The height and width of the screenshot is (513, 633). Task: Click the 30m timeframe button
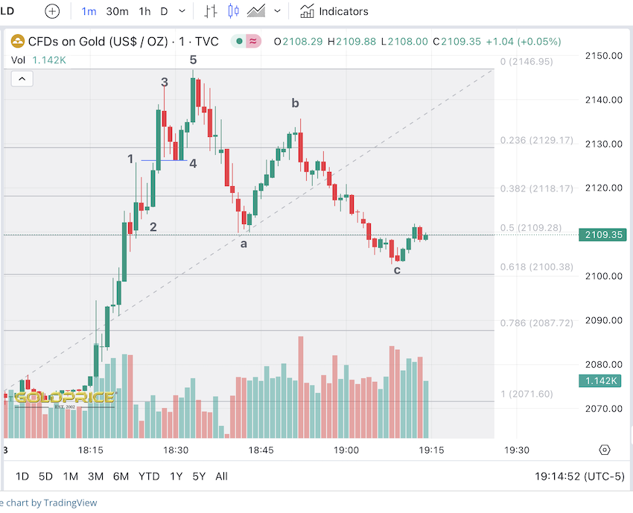coord(117,11)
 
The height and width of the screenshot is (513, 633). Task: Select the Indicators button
coord(334,11)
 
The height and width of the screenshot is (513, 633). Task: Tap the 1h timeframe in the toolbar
coord(144,11)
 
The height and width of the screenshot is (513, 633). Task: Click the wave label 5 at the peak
coord(193,60)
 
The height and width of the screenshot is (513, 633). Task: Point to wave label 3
coord(165,82)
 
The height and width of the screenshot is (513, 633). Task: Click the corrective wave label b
coord(296,103)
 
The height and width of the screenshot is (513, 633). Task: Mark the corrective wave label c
coord(397,270)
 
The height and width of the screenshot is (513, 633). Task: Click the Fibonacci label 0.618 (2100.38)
coord(536,267)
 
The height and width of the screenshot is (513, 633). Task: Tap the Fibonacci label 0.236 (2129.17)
coord(536,140)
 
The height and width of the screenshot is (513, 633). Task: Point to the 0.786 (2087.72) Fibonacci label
coord(536,323)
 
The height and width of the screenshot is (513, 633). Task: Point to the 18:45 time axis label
coord(261,450)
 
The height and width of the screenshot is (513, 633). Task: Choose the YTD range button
coord(149,477)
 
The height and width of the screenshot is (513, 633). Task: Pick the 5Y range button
coord(199,477)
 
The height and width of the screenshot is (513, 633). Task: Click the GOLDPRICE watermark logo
coord(64,398)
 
